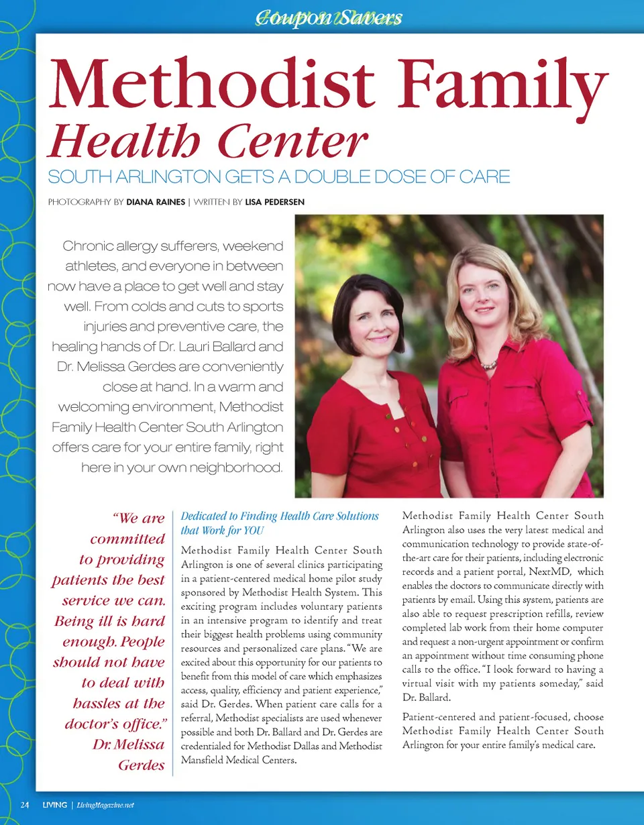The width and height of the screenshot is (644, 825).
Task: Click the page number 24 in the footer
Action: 25,805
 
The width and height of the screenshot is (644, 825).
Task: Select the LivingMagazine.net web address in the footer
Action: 105,805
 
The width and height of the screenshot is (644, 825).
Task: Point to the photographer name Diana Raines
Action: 155,202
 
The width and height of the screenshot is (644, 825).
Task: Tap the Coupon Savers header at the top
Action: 329,17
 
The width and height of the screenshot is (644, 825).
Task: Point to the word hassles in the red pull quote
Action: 97,704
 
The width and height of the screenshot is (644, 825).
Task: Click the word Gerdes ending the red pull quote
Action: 142,765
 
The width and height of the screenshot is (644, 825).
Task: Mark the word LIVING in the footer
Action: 54,805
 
